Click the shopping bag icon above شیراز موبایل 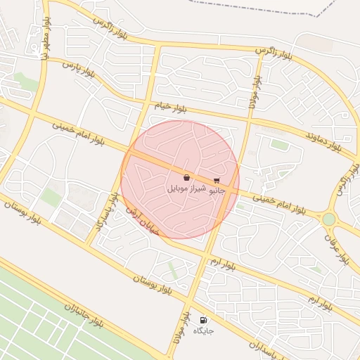click(x=186, y=178)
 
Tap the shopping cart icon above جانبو click(x=216, y=180)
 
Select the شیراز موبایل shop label click(x=186, y=189)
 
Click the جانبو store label click(x=216, y=190)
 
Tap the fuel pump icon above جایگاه click(x=204, y=319)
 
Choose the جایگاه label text click(x=203, y=330)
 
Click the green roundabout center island click(x=328, y=219)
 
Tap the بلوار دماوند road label click(x=323, y=140)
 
